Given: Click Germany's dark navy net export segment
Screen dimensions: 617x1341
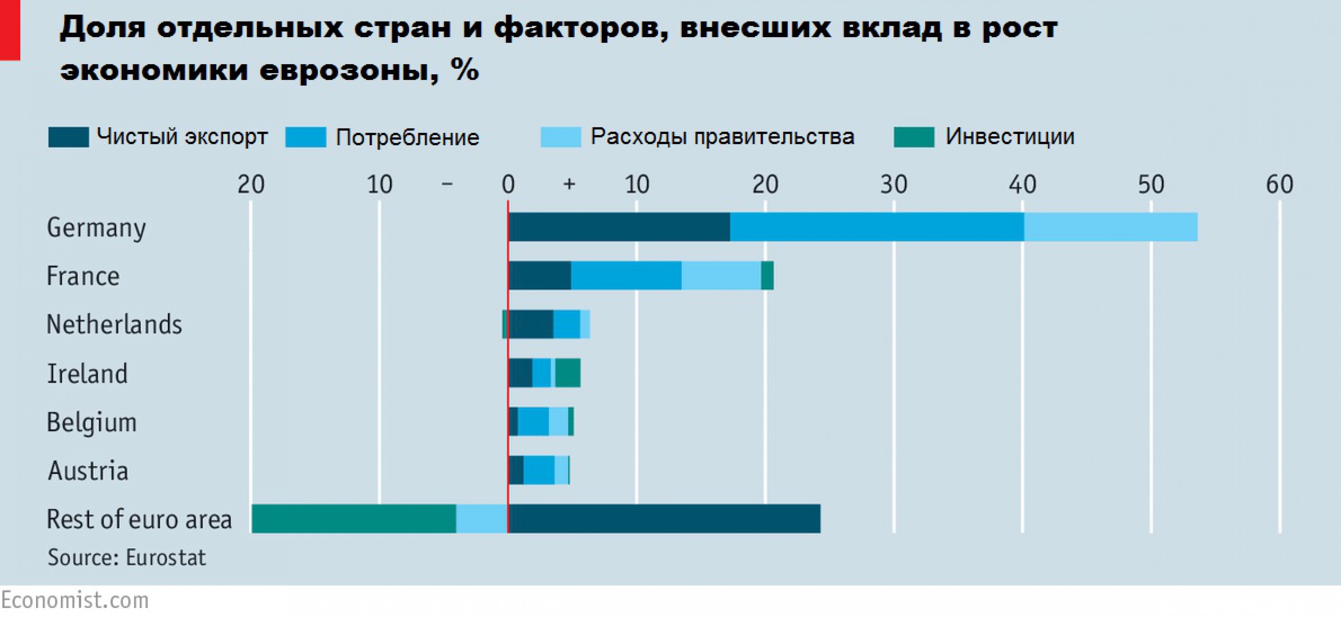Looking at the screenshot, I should coord(619,227).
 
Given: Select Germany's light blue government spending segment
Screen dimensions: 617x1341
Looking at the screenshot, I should coord(1110,227).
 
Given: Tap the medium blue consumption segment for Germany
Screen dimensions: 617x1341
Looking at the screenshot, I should coord(877,227).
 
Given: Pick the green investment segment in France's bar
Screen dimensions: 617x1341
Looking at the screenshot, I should coord(767,275).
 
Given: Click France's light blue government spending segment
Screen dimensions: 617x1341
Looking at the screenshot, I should coord(721,275).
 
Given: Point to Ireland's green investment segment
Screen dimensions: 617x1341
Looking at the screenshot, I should coord(567,373).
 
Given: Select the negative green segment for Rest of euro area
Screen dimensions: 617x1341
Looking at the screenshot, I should coord(354,519).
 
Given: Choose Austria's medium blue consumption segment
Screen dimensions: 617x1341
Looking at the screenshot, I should coord(539,470).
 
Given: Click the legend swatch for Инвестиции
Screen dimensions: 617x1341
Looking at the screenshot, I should coord(914,137).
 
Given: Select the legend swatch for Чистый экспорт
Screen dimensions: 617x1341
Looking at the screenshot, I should coord(68,137).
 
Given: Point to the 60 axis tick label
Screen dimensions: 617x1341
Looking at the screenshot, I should coord(1279,185).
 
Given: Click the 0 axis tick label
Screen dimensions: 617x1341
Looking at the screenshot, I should coord(508,185).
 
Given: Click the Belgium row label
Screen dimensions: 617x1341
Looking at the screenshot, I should coord(92,422).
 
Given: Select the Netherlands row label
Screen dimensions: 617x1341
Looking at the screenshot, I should coord(114,324).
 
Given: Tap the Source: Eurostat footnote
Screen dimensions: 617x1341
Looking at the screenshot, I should coord(126,557).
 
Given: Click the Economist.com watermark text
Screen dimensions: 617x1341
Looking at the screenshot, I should coord(74,600).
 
